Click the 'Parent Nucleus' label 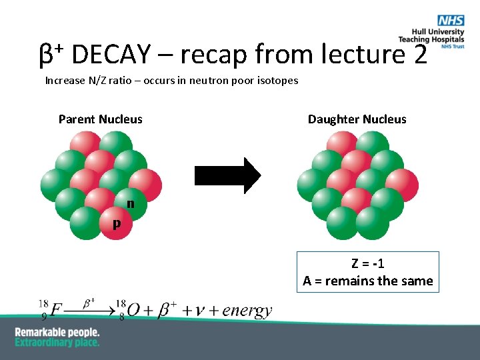coord(100,119)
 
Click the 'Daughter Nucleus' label coord(357,119)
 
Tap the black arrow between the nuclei coord(227,175)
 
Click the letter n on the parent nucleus coord(131,203)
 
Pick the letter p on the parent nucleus coord(117,223)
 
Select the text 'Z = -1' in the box coord(367,263)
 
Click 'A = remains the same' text coord(367,281)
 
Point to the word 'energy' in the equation coord(247,310)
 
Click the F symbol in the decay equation coord(56,311)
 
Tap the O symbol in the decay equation coord(133,311)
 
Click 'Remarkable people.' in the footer coord(57,332)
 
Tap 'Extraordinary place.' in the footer coord(57,342)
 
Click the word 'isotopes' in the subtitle coord(277,81)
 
